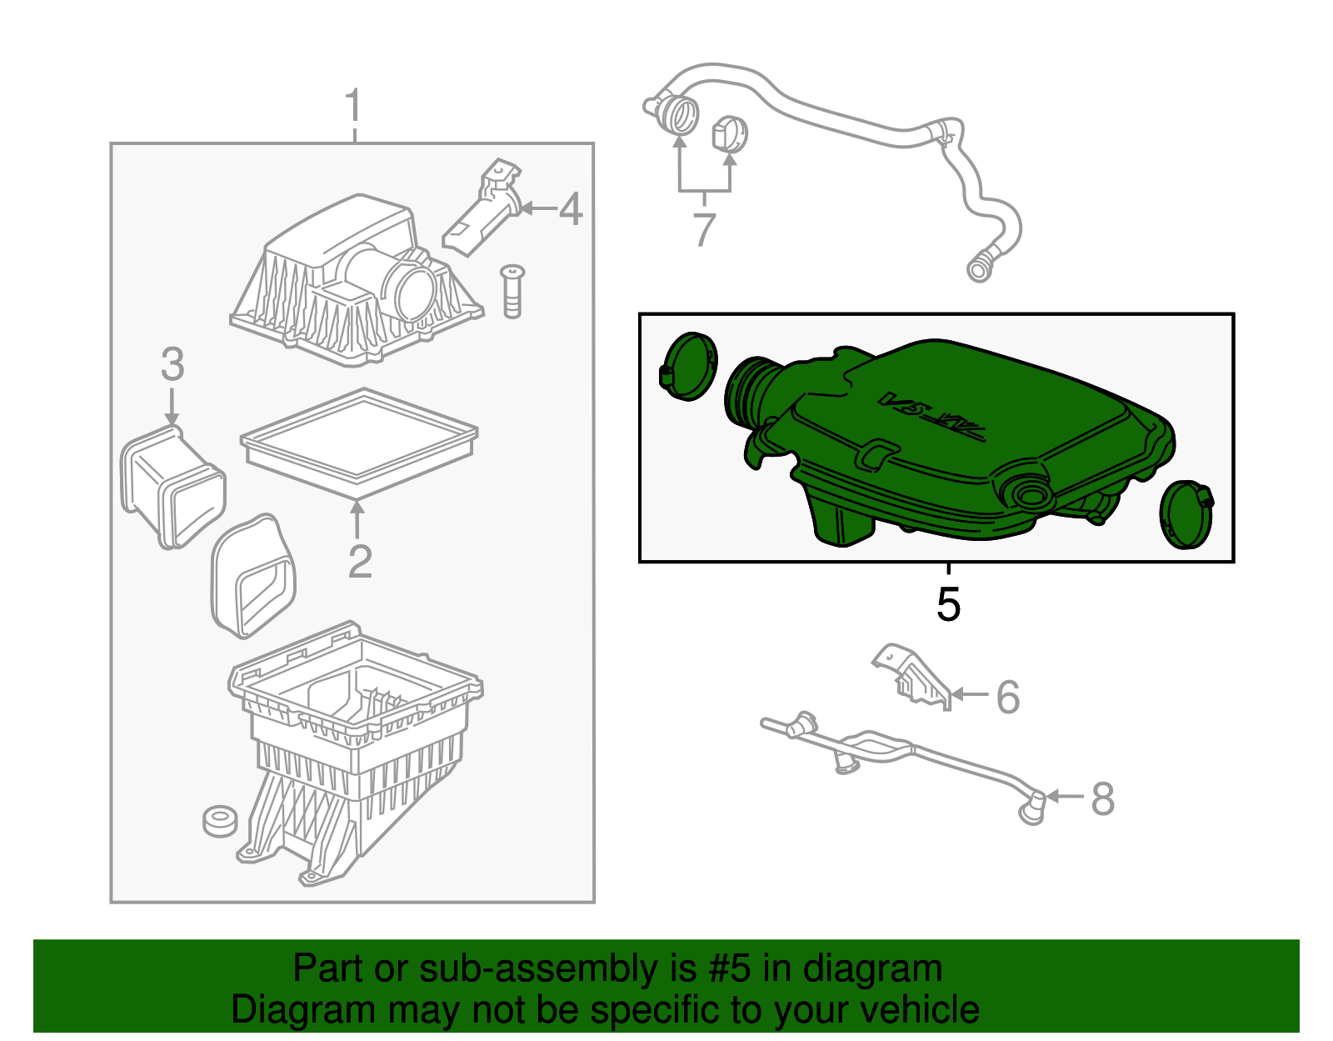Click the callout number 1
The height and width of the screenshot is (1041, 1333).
354,107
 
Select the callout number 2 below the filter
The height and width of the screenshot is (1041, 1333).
359,562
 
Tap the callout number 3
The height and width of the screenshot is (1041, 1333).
172,364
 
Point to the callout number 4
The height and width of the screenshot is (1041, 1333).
570,208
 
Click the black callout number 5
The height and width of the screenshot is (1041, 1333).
948,603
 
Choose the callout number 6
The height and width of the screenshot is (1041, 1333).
1007,697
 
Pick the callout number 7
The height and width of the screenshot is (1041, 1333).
704,229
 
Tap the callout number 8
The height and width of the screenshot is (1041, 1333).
1102,798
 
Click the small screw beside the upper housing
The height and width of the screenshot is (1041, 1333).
512,291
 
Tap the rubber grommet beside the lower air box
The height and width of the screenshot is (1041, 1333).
220,820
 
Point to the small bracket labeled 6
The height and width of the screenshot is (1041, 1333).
911,675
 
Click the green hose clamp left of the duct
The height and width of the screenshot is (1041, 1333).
688,366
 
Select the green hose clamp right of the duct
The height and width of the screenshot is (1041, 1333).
1186,514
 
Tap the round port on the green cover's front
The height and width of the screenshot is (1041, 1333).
1031,494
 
